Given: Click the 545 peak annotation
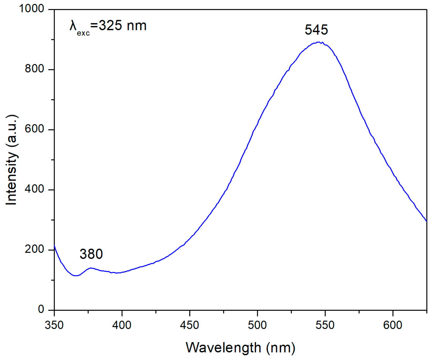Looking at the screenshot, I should pos(316,30).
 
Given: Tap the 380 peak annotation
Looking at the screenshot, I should pos(91,254).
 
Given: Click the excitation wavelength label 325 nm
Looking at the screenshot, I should pos(108,26).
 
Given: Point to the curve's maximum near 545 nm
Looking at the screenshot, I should pos(318,42).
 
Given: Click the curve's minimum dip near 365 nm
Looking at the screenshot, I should pos(76,276).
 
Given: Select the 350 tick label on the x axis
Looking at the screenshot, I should pos(54,325).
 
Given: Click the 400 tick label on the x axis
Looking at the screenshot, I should pos(122,325).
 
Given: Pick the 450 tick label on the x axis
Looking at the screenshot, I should pos(189,325).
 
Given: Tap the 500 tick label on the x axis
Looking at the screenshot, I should pos(257,325).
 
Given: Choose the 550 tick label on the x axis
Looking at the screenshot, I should pos(325,325).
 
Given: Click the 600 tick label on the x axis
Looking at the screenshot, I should pos(392,325).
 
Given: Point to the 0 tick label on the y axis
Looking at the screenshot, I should pos(41,309).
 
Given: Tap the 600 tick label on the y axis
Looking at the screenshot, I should pos(34,129).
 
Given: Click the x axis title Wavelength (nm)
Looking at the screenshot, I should pos(240,348).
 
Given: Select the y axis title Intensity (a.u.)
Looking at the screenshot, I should pos(12,160).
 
